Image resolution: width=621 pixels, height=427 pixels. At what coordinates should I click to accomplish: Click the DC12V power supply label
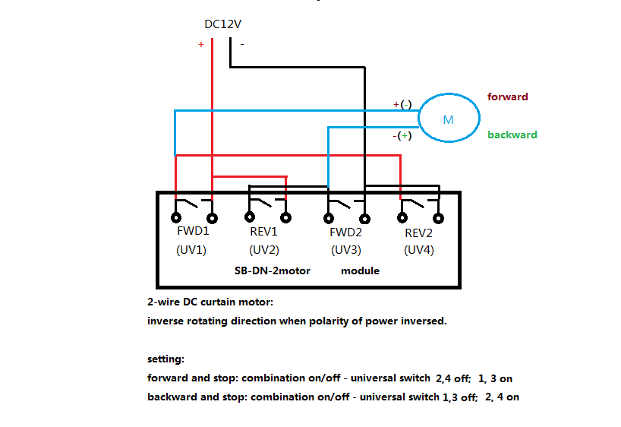[222, 24]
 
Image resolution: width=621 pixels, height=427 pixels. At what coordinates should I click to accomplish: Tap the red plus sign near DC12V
[200, 44]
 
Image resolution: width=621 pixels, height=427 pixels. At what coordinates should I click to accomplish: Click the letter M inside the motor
[448, 120]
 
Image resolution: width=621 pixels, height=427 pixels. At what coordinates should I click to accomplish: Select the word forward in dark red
[507, 96]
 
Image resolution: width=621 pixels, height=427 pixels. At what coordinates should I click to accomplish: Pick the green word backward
[512, 134]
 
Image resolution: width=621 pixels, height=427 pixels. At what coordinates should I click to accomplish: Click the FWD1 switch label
[193, 231]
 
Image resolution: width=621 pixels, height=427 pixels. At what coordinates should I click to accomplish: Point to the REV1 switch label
[263, 232]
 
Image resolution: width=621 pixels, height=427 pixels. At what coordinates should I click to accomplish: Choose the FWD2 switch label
[345, 232]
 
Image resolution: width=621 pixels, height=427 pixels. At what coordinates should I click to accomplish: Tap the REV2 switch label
[418, 233]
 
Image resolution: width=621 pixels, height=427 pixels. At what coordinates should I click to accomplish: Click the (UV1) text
[191, 250]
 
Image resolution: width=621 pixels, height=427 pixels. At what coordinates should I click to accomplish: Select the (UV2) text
[264, 250]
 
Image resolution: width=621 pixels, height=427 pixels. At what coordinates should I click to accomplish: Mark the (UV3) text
[346, 250]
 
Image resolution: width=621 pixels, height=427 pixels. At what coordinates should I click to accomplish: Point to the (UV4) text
[419, 250]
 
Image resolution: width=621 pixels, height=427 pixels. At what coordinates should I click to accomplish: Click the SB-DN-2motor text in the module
[273, 270]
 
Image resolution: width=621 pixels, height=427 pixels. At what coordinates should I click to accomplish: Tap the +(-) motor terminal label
[402, 104]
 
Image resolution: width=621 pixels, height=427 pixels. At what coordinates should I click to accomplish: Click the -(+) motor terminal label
[402, 135]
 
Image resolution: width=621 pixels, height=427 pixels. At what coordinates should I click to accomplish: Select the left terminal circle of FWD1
[176, 217]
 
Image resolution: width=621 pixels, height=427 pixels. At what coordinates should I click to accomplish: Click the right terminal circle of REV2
[439, 218]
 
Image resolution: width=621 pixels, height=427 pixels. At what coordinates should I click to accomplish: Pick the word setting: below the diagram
[166, 359]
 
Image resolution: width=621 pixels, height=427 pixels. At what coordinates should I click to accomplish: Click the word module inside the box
[360, 270]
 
